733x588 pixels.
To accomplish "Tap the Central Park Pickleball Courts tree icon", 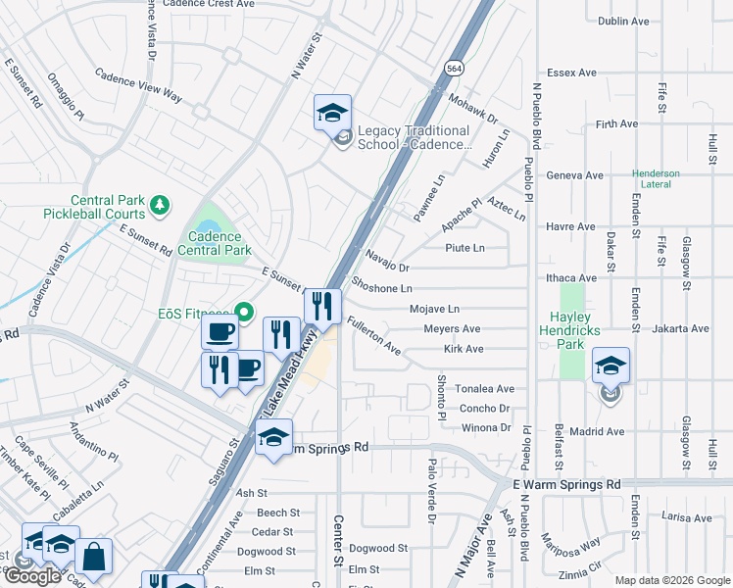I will click(159, 206).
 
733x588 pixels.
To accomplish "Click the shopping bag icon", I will click(94, 557).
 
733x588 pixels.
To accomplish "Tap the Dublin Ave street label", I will click(623, 21).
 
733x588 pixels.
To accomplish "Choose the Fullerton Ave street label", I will click(373, 334).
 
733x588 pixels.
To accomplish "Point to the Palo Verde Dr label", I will click(430, 490).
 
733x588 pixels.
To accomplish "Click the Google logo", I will click(32, 576).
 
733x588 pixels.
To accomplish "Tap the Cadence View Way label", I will click(139, 85).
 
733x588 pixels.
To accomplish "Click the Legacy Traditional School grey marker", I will click(342, 138).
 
